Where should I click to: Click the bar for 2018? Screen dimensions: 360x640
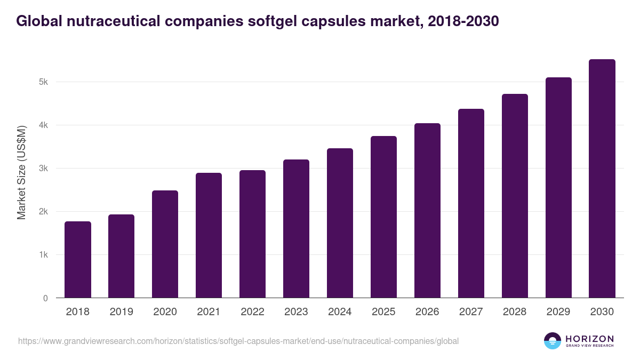pyautogui.click(x=78, y=260)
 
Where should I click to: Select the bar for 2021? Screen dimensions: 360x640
pyautogui.click(x=209, y=235)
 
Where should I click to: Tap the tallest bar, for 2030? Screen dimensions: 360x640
pyautogui.click(x=602, y=179)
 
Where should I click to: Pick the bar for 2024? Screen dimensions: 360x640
pyautogui.click(x=340, y=223)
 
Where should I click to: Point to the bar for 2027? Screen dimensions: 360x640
pyautogui.click(x=471, y=203)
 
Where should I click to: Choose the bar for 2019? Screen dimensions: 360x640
pyautogui.click(x=121, y=256)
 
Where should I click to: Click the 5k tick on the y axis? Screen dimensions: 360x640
pyautogui.click(x=43, y=82)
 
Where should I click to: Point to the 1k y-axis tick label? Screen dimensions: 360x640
pyautogui.click(x=43, y=255)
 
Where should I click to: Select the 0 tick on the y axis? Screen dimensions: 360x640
pyautogui.click(x=45, y=298)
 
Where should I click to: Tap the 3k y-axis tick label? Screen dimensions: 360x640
pyautogui.click(x=43, y=169)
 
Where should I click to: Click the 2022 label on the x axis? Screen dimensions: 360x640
pyautogui.click(x=252, y=312)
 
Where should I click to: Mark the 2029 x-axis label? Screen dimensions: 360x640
pyautogui.click(x=558, y=312)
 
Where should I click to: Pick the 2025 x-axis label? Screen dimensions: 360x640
pyautogui.click(x=383, y=312)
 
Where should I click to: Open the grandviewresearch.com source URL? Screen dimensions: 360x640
pyautogui.click(x=238, y=341)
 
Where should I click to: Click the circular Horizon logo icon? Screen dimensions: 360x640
pyautogui.click(x=553, y=341)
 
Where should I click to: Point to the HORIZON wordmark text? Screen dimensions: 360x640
pyautogui.click(x=589, y=339)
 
